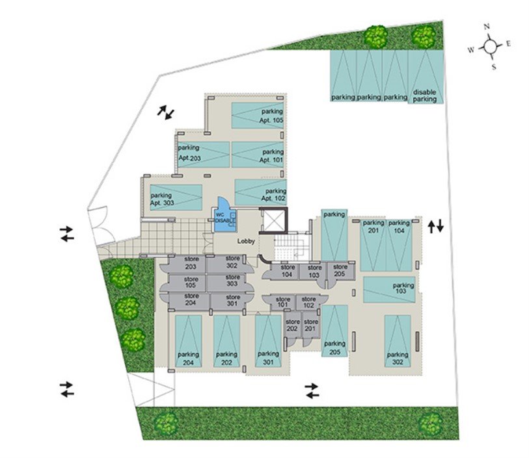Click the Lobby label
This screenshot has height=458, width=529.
pyautogui.click(x=246, y=241)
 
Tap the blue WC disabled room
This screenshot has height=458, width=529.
pyautogui.click(x=224, y=216)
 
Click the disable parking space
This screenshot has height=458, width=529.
pyautogui.click(x=426, y=77)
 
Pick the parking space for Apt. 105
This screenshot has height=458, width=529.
pyautogui.click(x=258, y=116)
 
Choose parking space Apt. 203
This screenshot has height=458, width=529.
pyautogui.click(x=204, y=155)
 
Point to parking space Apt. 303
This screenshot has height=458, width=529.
pyautogui.click(x=176, y=197)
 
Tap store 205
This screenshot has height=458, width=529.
pyautogui.click(x=341, y=271)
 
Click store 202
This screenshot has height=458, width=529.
pyautogui.click(x=292, y=325)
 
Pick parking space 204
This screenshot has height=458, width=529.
pyautogui.click(x=188, y=341)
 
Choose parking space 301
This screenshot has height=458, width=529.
pyautogui.click(x=268, y=341)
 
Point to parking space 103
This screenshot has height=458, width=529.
pyautogui.click(x=389, y=290)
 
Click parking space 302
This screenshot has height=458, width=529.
pyautogui.click(x=398, y=341)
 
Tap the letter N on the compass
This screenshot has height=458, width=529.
pyautogui.click(x=487, y=27)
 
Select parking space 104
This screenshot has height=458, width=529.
pyautogui.click(x=399, y=245)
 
